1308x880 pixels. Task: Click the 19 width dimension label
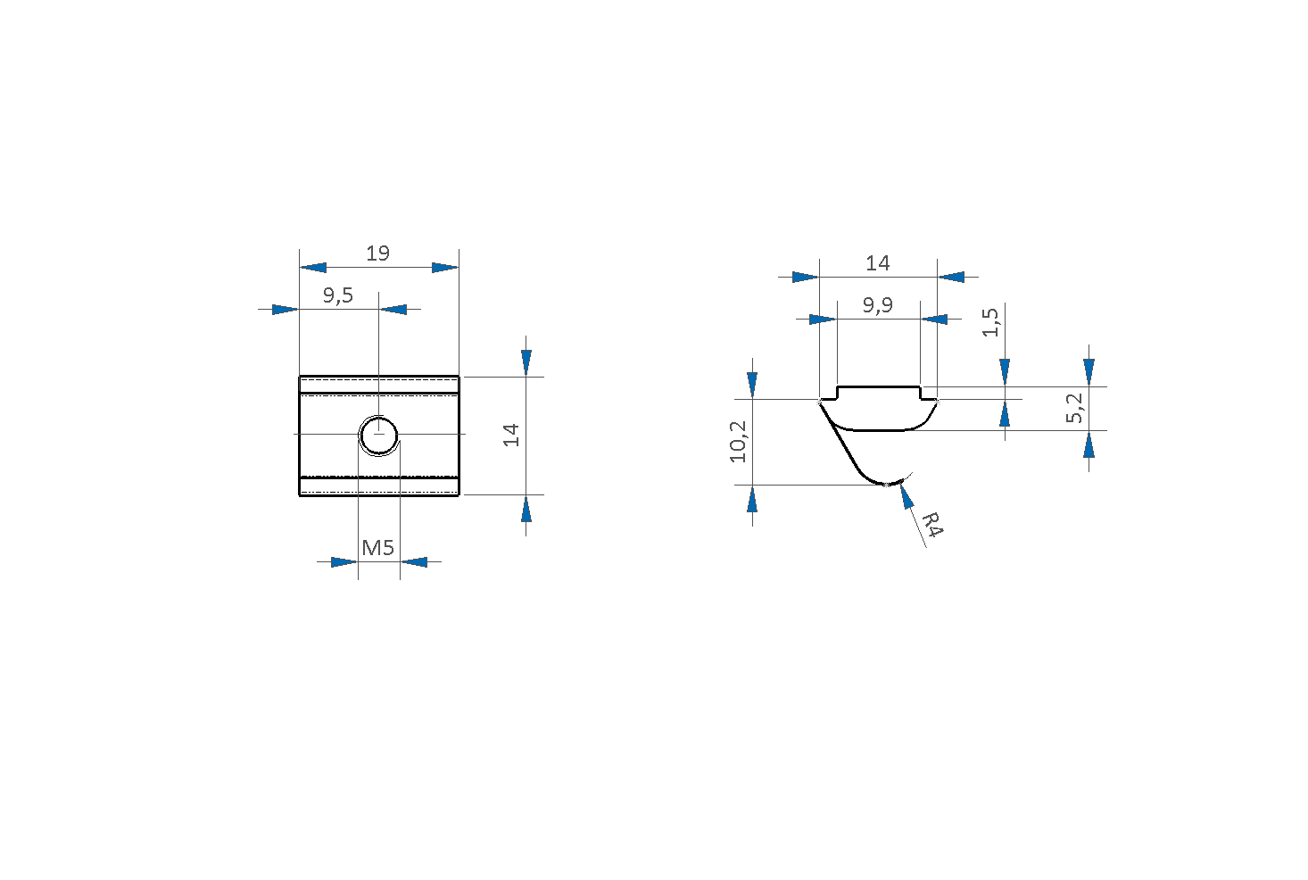point(377,253)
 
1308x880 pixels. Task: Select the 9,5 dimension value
point(338,295)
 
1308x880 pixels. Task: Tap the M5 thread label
point(377,548)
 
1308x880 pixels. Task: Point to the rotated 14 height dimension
point(511,435)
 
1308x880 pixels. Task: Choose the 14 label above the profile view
point(878,263)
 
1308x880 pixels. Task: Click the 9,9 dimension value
point(878,305)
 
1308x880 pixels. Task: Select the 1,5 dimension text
point(990,322)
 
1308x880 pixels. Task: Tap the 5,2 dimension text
point(1074,408)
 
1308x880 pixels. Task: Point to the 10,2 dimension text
point(738,442)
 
